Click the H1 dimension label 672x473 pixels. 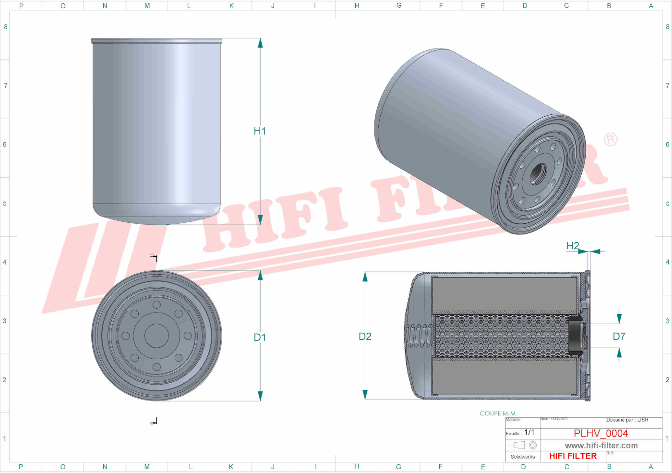pyautogui.click(x=260, y=131)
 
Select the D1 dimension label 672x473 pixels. pyautogui.click(x=260, y=338)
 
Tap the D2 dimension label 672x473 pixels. pyautogui.click(x=365, y=337)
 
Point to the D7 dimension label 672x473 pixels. pyautogui.click(x=619, y=337)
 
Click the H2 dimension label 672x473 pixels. pyautogui.click(x=573, y=246)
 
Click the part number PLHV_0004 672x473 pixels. pyautogui.click(x=600, y=433)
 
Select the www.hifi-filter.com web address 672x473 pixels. pyautogui.click(x=601, y=446)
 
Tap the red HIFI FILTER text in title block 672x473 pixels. pyautogui.click(x=573, y=456)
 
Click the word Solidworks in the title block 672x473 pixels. pyautogui.click(x=522, y=457)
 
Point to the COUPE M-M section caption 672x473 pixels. pyautogui.click(x=497, y=413)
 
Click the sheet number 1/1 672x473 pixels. pyautogui.click(x=529, y=432)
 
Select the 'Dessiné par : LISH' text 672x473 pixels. pyautogui.click(x=627, y=420)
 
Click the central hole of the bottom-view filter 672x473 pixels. pyautogui.click(x=156, y=335)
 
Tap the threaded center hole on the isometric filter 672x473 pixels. pyautogui.click(x=538, y=174)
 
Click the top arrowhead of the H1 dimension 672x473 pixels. pyautogui.click(x=260, y=43)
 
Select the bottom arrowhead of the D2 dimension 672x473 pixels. pyautogui.click(x=365, y=394)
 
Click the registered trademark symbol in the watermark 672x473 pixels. pyautogui.click(x=610, y=139)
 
